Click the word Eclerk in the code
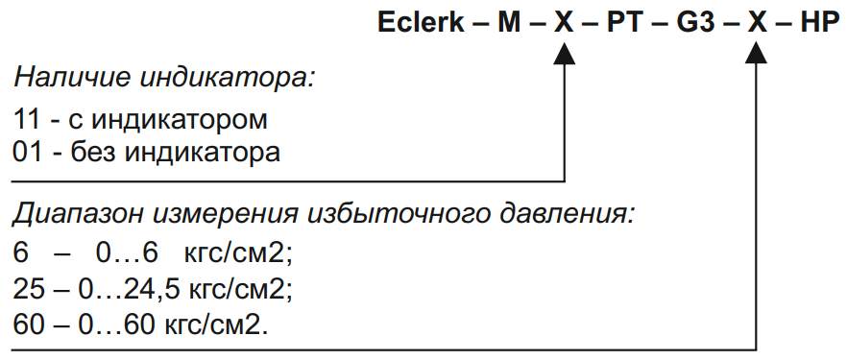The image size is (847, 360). [421, 23]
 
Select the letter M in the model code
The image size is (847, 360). [509, 23]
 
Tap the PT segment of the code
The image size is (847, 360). [625, 23]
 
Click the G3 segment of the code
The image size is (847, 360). [695, 23]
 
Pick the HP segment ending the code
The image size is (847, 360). [819, 23]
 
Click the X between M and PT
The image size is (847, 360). [564, 23]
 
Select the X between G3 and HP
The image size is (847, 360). [758, 23]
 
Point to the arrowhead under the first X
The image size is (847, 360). [564, 53]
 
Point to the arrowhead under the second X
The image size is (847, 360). [757, 53]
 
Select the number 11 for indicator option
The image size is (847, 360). [27, 119]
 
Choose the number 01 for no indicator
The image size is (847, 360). [27, 153]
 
